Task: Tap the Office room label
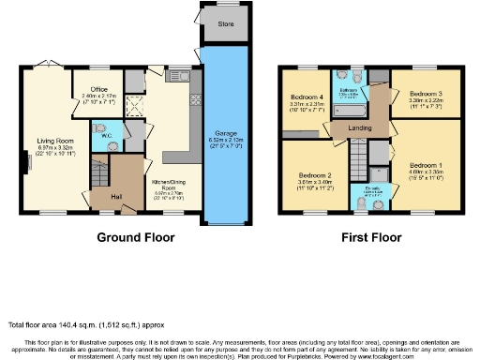(98, 90)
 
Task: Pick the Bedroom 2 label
(315, 175)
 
